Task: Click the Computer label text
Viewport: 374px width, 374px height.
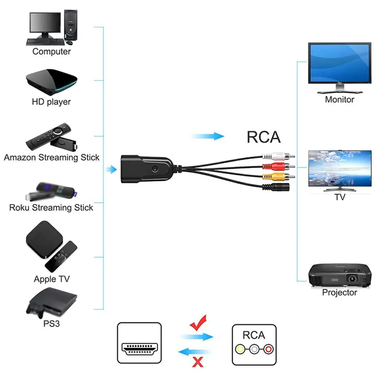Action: click(51, 51)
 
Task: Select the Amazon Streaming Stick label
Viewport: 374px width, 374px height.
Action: click(51, 157)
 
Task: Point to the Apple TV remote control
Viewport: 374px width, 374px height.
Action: click(61, 256)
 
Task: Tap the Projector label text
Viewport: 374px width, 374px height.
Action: click(339, 293)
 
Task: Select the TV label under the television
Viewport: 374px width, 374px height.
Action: click(340, 197)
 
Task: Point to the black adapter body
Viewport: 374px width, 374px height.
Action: click(146, 169)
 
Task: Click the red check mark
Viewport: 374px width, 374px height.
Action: click(198, 323)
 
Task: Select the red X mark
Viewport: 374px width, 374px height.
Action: click(198, 361)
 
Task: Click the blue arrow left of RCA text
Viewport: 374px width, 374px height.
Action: click(208, 136)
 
